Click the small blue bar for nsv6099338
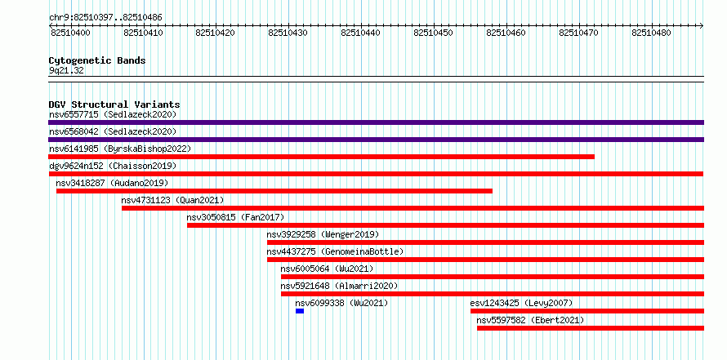300,311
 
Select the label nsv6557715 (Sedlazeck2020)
113,114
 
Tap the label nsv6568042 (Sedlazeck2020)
113,131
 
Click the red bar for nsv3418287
274,191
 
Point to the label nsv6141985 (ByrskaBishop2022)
120,149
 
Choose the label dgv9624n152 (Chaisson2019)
113,166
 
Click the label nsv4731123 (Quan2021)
172,200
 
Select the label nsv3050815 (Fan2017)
235,217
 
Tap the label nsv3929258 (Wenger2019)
323,234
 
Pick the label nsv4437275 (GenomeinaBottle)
335,251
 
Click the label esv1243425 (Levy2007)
522,303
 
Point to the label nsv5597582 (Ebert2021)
530,320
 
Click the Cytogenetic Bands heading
97,60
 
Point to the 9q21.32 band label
66,71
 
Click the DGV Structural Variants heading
114,104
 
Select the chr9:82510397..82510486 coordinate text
105,18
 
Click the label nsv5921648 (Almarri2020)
339,286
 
